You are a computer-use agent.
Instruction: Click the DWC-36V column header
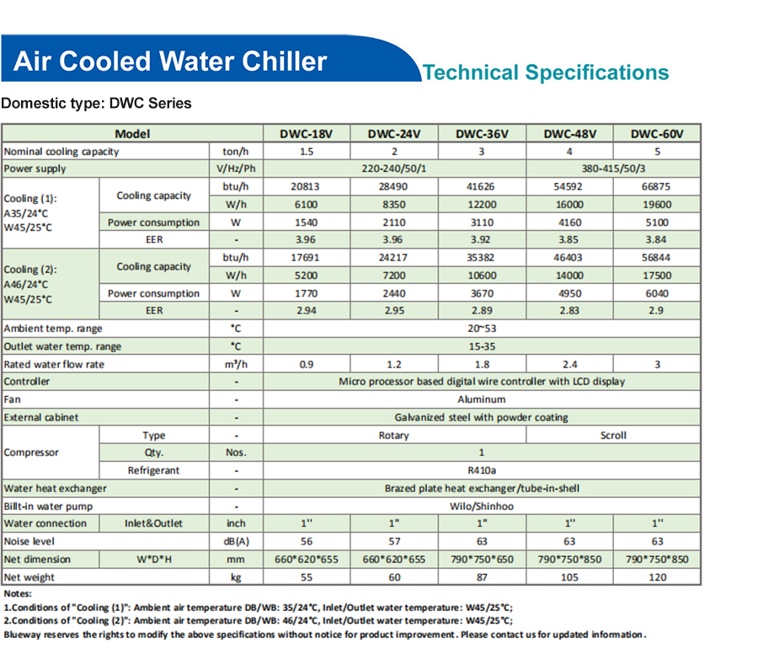coord(482,133)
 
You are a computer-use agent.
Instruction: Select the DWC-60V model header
coord(657,133)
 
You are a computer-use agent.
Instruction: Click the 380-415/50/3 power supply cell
coord(614,169)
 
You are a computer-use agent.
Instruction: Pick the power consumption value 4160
coord(569,222)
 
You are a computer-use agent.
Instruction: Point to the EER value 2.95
coord(393,311)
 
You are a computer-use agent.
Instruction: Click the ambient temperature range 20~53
coord(482,329)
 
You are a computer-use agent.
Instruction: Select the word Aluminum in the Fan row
coord(482,399)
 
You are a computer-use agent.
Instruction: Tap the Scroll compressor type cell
coord(613,436)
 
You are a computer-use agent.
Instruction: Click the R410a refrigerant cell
coord(482,471)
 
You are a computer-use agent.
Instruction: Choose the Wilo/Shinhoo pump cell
coord(482,506)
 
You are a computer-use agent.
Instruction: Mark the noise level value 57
coord(393,542)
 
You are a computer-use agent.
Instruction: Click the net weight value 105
coord(569,577)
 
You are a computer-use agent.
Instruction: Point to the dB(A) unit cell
coord(236,542)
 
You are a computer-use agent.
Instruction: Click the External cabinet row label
coord(41,417)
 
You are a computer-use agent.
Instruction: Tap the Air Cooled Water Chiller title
coord(170,62)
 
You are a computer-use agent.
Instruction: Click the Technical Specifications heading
coord(546,72)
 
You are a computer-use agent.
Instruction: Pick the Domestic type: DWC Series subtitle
coord(96,104)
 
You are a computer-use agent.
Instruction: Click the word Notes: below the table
coord(18,594)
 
